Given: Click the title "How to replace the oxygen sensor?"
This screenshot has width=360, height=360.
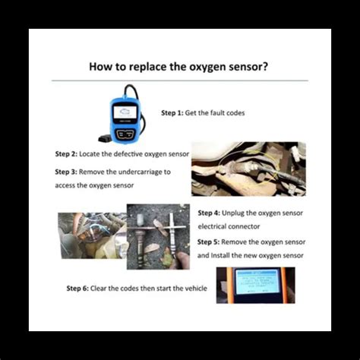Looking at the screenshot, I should point(178,66).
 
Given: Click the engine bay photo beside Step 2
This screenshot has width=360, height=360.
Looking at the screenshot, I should point(248,169).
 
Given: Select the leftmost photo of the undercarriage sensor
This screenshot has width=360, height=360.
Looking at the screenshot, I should point(91,235).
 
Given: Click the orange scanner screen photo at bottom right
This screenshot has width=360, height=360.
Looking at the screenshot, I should point(254,285).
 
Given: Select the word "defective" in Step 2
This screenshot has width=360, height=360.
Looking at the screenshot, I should point(131,153).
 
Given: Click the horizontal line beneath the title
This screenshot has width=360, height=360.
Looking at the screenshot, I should point(179,81).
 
